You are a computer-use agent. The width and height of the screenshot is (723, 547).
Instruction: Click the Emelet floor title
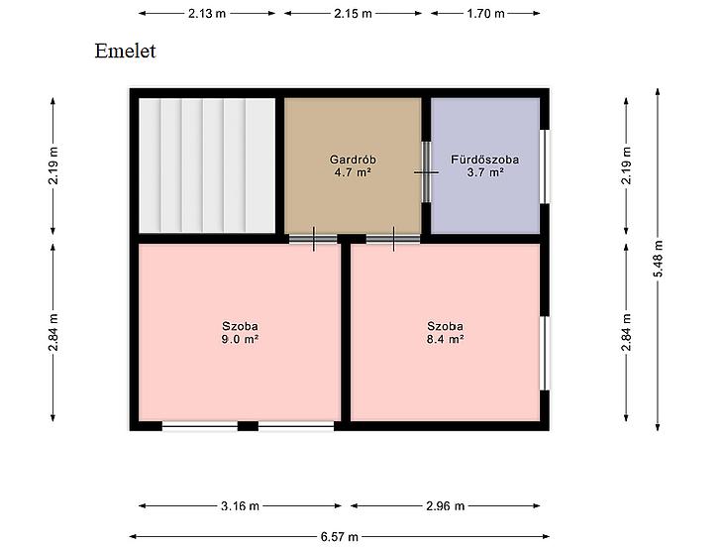coord(125,51)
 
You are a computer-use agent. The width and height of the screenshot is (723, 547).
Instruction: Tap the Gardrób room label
coord(353,160)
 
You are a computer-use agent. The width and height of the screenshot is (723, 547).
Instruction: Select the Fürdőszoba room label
coord(484,160)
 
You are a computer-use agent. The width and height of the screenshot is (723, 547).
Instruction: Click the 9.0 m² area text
coord(240,340)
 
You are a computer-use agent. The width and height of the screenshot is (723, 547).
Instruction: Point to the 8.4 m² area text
coord(445,340)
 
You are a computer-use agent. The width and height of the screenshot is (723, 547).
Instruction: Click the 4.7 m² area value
coord(353,172)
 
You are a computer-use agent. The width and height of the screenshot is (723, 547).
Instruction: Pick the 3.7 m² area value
coord(485,172)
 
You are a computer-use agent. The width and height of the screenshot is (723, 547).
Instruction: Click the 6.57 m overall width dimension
coord(340,537)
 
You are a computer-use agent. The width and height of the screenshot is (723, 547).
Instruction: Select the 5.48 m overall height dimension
coord(658,259)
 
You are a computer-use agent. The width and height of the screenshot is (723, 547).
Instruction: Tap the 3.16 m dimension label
coord(240,506)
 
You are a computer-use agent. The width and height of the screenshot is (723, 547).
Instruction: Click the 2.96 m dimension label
coord(445,506)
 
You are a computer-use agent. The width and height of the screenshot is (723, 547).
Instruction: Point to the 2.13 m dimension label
coord(207,13)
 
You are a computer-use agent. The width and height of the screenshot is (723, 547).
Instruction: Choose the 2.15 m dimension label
coord(353,13)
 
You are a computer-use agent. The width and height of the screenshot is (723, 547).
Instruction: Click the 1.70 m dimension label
coord(485,13)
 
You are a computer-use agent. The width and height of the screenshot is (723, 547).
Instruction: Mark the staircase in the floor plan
coord(207,165)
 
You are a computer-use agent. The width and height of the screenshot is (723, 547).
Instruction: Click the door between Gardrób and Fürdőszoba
coord(427,172)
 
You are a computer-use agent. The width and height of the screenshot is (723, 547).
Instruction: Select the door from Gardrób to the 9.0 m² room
coord(314,239)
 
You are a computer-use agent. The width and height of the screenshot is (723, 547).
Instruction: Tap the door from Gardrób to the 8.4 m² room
coord(393,239)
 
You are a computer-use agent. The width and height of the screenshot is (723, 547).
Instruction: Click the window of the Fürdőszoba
coord(545,166)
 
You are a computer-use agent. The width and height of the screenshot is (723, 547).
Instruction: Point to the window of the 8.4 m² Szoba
coord(545,354)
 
